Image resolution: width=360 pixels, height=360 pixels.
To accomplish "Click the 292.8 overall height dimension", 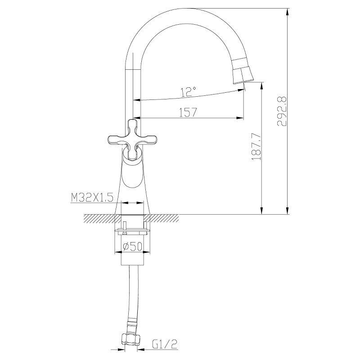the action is point(282,111).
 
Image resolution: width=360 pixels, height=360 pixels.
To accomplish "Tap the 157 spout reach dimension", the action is point(188,112).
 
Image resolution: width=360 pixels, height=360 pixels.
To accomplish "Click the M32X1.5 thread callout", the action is point(92,197).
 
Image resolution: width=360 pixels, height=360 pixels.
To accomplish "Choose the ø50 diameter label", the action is point(133,246).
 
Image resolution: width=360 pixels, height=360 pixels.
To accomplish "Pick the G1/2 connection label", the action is point(165,344).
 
